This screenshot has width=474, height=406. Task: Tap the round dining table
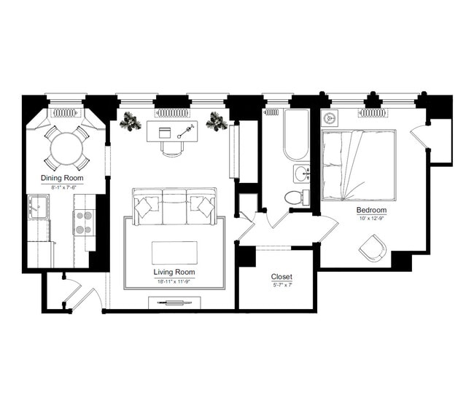click(66, 149)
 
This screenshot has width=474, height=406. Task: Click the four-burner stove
click(84, 222)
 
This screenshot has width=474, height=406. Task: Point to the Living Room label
click(175, 272)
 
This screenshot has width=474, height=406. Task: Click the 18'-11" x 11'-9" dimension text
click(175, 281)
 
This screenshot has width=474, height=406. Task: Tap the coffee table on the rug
click(174, 253)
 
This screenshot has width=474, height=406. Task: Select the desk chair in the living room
click(172, 148)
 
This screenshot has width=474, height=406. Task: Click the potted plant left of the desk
click(131, 122)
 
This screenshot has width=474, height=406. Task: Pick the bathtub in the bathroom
click(297, 135)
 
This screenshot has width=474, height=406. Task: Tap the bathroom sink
click(302, 174)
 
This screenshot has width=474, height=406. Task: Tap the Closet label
click(281, 276)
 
